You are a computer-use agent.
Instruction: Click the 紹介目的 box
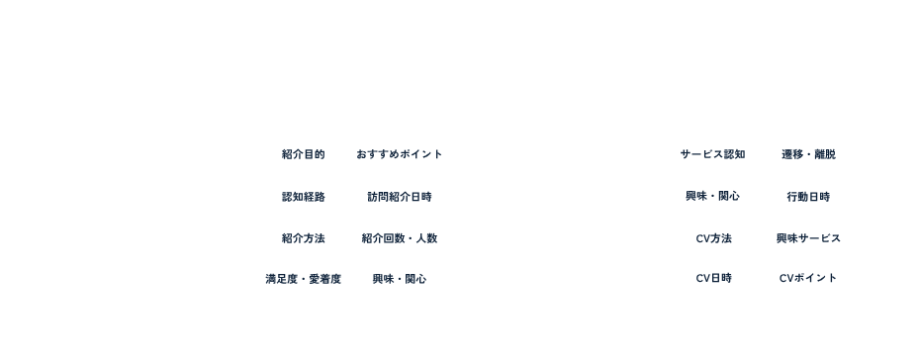click(x=303, y=154)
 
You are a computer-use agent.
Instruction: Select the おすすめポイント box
click(x=400, y=154)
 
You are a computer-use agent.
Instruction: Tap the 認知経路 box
click(x=303, y=196)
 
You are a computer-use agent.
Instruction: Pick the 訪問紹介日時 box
click(x=400, y=196)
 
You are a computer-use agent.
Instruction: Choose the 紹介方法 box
click(x=303, y=237)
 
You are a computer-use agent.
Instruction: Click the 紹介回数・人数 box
click(x=400, y=237)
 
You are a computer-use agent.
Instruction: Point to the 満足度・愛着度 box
click(x=303, y=279)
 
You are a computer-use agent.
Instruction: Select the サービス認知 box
click(x=712, y=154)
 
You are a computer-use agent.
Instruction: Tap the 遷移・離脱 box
click(x=808, y=154)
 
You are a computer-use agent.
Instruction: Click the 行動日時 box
click(x=808, y=196)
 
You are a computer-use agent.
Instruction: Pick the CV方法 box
click(x=712, y=237)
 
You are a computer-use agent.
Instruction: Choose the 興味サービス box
click(x=808, y=237)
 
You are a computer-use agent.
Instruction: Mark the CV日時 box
click(x=712, y=279)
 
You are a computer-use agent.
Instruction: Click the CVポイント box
click(x=808, y=279)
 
